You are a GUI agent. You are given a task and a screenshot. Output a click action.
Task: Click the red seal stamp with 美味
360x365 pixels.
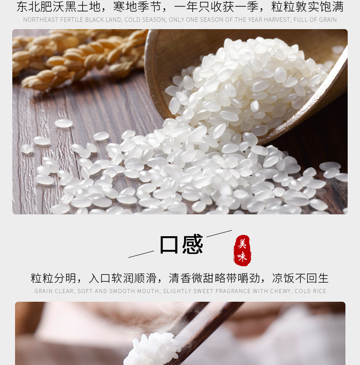(x=242, y=250)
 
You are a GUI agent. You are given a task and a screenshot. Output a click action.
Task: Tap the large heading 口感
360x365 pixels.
(x=181, y=245)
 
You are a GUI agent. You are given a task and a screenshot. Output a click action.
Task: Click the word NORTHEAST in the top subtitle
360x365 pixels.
(x=38, y=20)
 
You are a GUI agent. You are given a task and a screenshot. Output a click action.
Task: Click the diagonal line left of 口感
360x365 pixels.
(x=141, y=254)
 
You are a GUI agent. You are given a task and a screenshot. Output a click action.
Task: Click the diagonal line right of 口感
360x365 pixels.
(x=219, y=233)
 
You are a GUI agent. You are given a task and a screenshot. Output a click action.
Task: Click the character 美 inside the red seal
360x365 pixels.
(x=242, y=244)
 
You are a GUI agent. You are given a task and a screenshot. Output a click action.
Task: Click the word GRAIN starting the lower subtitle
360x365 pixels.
(x=43, y=291)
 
